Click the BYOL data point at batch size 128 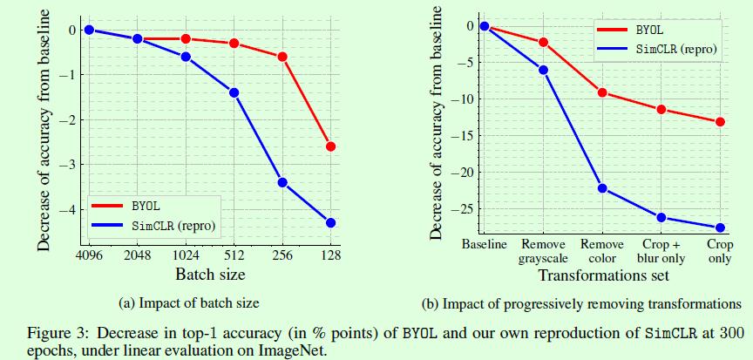click(x=331, y=146)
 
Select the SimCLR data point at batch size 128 click(x=331, y=223)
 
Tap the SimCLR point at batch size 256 click(x=282, y=182)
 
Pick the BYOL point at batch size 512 click(x=234, y=44)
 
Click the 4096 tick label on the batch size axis click(x=88, y=256)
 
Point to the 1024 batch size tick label click(x=186, y=256)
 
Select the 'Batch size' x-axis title click(x=209, y=275)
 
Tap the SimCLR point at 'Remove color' click(x=602, y=188)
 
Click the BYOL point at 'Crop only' click(x=720, y=122)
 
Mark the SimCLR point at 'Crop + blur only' click(x=661, y=217)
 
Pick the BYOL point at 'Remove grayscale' click(x=544, y=42)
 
